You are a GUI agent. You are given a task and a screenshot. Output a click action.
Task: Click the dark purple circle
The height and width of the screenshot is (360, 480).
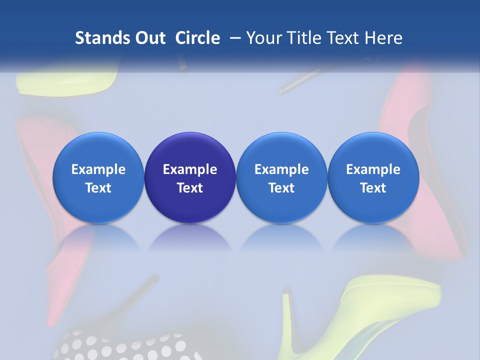[190, 177]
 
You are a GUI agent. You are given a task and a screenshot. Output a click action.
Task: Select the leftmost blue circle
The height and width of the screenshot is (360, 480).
[98, 177]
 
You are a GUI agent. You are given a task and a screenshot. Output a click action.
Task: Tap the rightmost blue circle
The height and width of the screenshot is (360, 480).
[373, 177]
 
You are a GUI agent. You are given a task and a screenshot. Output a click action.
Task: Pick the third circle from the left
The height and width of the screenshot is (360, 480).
[281, 177]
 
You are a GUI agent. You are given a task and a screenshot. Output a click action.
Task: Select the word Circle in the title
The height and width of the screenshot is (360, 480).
[197, 38]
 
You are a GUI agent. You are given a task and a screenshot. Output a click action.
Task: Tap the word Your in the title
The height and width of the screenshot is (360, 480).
[265, 38]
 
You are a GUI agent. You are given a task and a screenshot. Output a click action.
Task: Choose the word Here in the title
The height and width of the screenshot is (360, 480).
[383, 38]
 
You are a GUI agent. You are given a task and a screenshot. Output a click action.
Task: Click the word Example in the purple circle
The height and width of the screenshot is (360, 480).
[190, 169]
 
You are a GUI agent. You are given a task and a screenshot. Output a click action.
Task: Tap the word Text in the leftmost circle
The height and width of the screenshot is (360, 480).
[98, 188]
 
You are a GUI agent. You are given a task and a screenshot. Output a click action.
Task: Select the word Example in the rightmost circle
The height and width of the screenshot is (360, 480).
[373, 169]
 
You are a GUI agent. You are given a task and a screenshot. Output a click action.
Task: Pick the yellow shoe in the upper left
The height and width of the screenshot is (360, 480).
[65, 80]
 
